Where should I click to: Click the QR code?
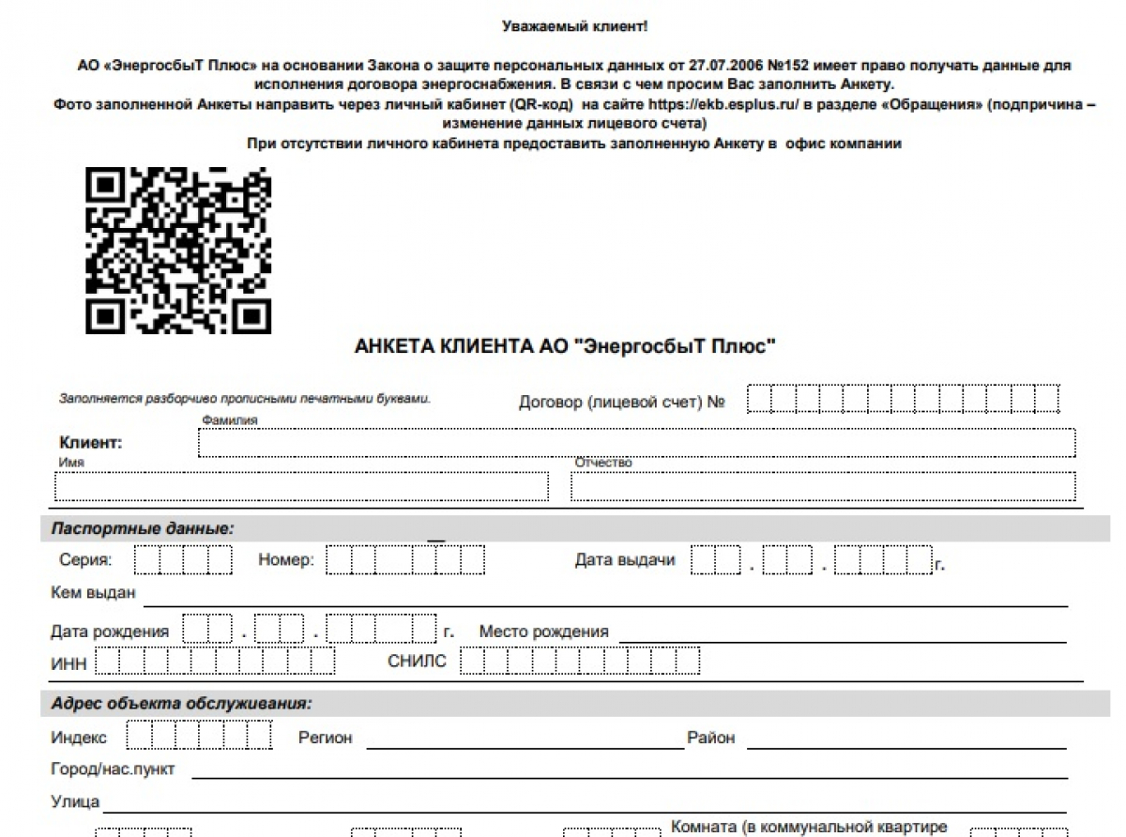point(178,251)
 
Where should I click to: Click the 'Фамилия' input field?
point(636,443)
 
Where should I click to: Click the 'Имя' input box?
point(301,486)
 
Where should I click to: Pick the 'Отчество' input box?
point(822,486)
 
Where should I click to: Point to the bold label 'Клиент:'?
point(91,443)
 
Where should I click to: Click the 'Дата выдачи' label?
point(625,561)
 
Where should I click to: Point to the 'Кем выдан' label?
point(93,593)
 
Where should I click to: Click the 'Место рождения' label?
point(543,632)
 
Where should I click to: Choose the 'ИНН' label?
point(68,662)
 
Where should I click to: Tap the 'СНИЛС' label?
point(417,662)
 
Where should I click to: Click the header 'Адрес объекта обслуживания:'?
point(181,703)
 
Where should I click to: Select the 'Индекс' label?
point(79,738)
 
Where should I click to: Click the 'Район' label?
point(710,738)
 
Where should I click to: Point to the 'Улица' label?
point(75,802)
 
